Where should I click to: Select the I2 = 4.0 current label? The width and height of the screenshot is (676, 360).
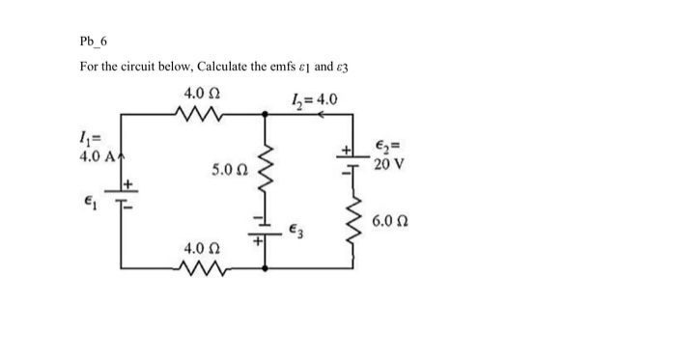(x=313, y=97)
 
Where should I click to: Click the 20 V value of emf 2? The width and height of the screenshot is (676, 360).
(x=390, y=163)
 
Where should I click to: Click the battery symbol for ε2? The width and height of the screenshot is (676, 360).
(x=354, y=159)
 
